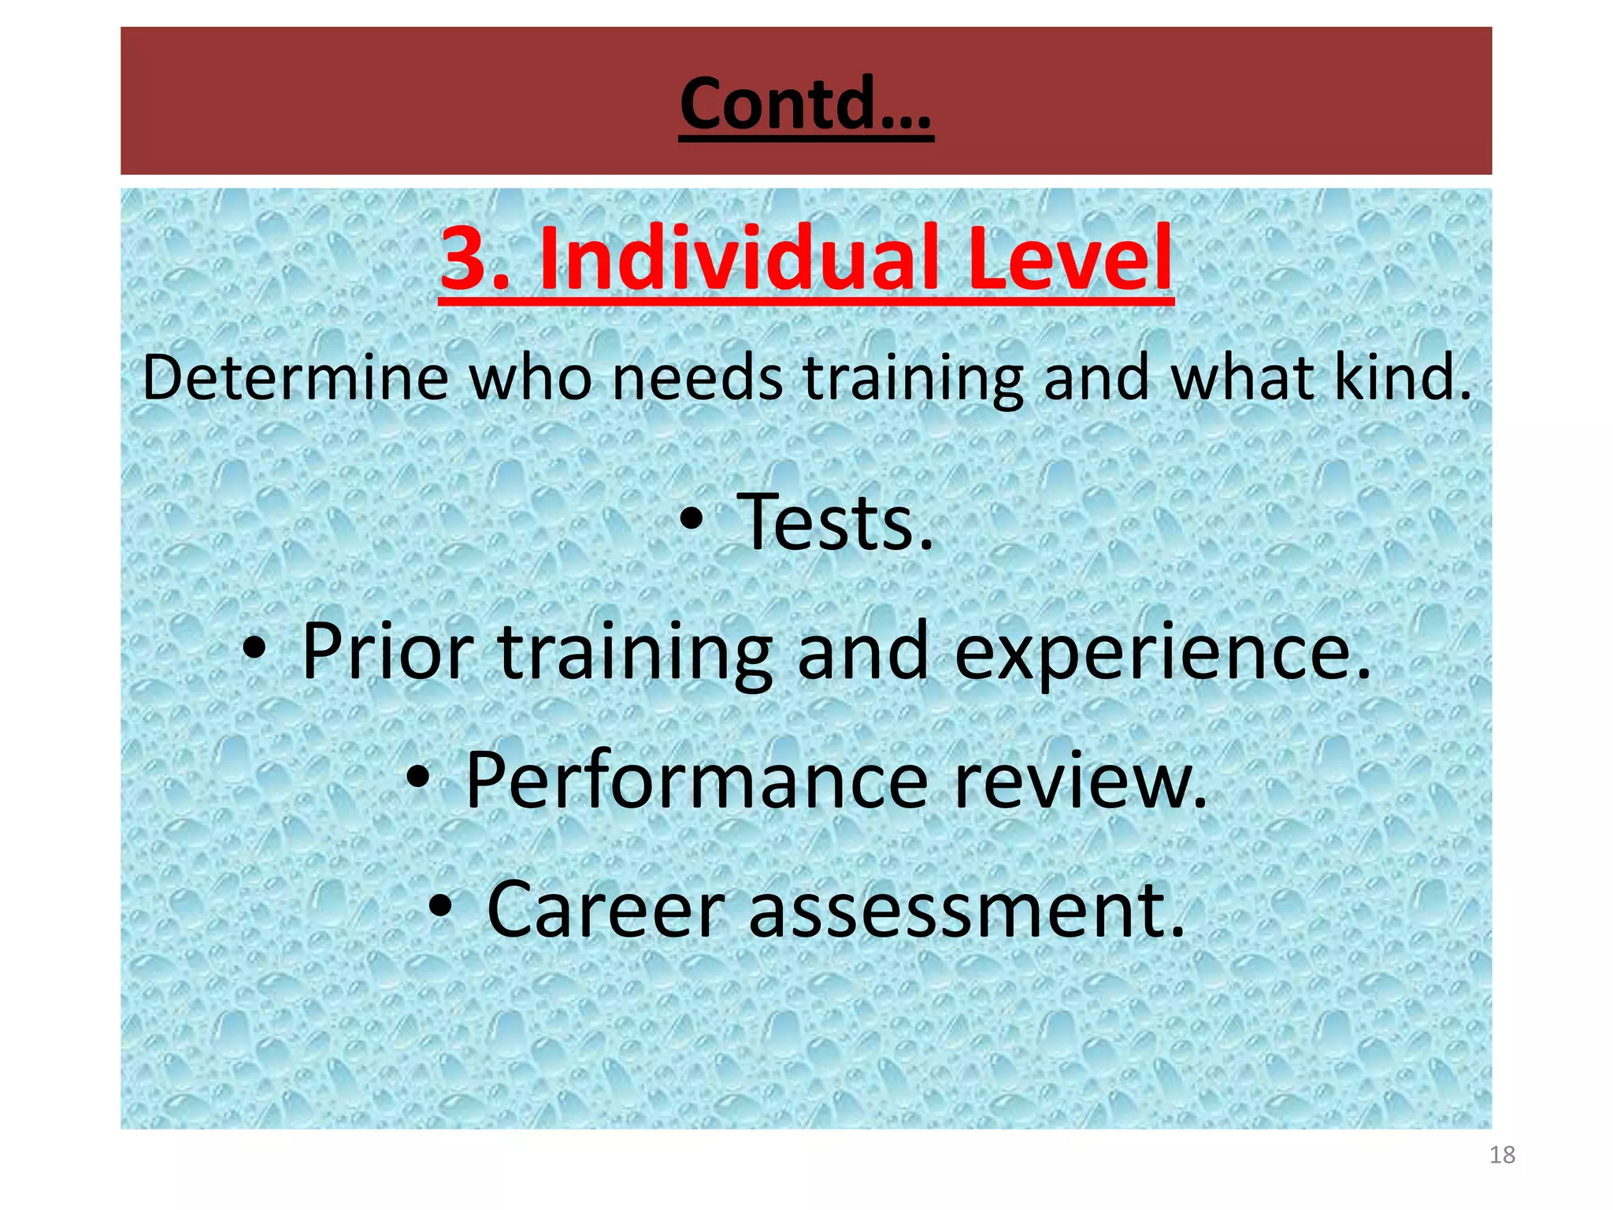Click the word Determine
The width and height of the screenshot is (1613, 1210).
(x=295, y=377)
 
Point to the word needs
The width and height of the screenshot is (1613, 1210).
(x=697, y=377)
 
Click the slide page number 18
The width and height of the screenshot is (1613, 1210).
(x=1502, y=1155)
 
